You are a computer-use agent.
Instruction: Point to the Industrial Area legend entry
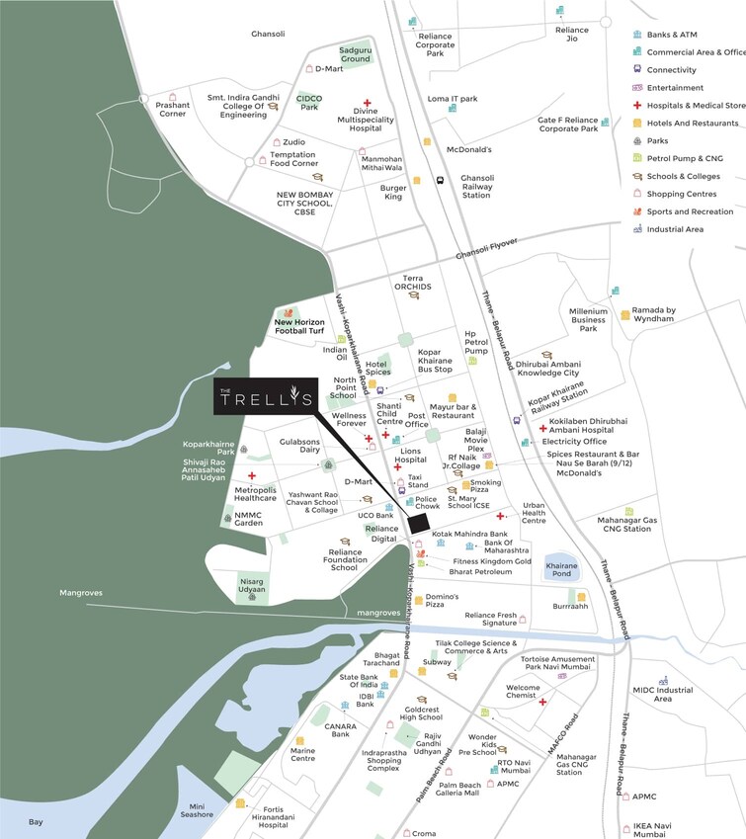pyautogui.click(x=675, y=229)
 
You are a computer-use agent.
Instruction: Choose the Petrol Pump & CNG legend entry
pyautogui.click(x=684, y=158)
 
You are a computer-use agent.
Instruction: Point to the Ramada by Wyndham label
pyautogui.click(x=654, y=314)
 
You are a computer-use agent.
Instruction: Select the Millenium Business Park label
pyautogui.click(x=588, y=319)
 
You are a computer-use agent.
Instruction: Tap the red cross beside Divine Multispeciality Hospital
pyautogui.click(x=367, y=103)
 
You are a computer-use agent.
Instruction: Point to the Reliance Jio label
pyautogui.click(x=571, y=36)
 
